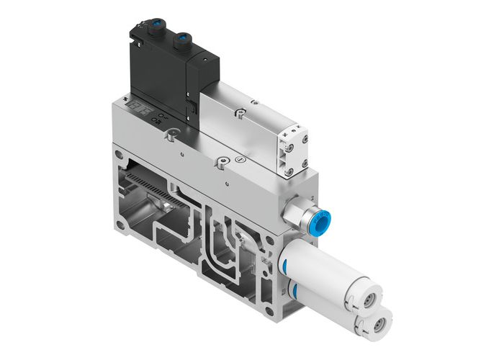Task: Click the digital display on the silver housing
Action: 137,109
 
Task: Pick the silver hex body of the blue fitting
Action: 295,213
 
